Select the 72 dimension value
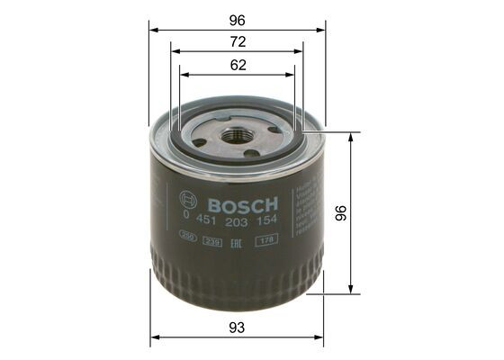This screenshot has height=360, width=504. pyautogui.click(x=238, y=41)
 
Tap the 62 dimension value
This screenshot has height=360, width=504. pyautogui.click(x=238, y=65)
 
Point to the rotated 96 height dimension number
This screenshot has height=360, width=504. pyautogui.click(x=366, y=212)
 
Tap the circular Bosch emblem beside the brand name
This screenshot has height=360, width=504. pyautogui.click(x=188, y=202)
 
